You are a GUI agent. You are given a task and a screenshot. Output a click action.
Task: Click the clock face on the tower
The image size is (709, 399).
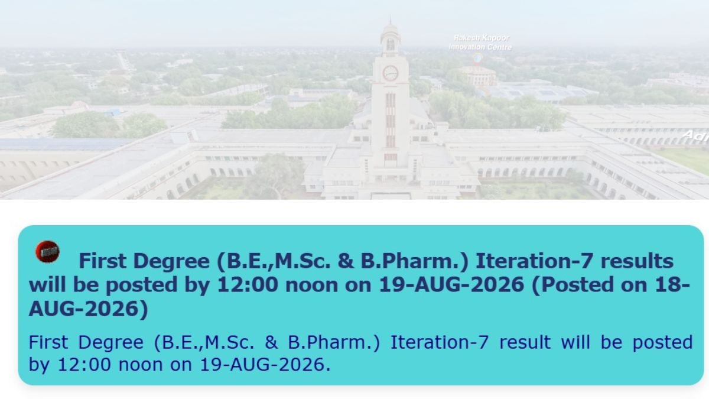(x=391, y=73)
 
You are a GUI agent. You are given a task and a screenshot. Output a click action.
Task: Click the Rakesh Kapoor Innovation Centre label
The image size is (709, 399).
(x=480, y=43)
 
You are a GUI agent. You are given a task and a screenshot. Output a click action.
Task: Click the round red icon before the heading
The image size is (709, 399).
(x=47, y=252)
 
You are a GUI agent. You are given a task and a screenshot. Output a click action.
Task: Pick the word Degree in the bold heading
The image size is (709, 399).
(x=171, y=261)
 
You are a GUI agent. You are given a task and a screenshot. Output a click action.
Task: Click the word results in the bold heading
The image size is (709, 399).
(x=637, y=261)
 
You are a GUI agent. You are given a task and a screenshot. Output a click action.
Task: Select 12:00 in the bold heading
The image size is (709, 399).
(x=248, y=285)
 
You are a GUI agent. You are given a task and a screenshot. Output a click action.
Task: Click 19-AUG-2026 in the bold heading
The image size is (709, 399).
(x=451, y=285)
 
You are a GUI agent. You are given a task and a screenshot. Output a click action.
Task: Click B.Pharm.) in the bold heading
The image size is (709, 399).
(x=414, y=262)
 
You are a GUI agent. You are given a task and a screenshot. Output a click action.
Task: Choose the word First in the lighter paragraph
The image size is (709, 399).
(x=48, y=342)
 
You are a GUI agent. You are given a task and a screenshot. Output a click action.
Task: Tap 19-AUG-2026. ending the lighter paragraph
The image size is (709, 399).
(x=265, y=365)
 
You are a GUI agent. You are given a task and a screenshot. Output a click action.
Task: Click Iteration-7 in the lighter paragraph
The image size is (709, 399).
(x=440, y=342)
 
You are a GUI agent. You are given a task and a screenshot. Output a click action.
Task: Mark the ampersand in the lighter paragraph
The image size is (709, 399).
(x=271, y=342)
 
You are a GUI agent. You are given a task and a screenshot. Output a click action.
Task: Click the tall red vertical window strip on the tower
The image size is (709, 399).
(x=391, y=121)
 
